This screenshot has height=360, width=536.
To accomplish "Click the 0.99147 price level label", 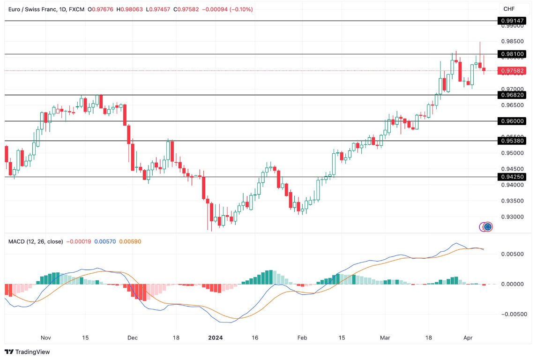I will [x=513, y=21].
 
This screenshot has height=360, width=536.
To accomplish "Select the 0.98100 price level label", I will [x=513, y=54].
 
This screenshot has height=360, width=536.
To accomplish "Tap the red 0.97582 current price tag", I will [x=513, y=71].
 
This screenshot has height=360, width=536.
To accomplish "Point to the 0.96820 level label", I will [x=513, y=95].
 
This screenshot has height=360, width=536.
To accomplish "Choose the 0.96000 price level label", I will [x=513, y=121].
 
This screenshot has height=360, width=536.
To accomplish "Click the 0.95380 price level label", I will [x=513, y=141].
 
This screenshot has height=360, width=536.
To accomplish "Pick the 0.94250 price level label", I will [x=513, y=177].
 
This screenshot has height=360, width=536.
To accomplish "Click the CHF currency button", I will [x=509, y=9].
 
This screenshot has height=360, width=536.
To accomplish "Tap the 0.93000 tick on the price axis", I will [x=512, y=217].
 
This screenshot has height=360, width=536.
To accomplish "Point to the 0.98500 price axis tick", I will [x=512, y=42].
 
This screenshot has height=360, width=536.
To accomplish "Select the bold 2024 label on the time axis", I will [x=216, y=337].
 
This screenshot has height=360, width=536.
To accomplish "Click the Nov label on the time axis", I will [x=45, y=337].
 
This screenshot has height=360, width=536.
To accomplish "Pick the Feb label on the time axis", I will [x=302, y=337].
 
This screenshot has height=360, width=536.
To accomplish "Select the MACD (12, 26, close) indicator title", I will [x=36, y=241].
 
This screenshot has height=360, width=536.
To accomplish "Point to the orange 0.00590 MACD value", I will [x=130, y=241].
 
